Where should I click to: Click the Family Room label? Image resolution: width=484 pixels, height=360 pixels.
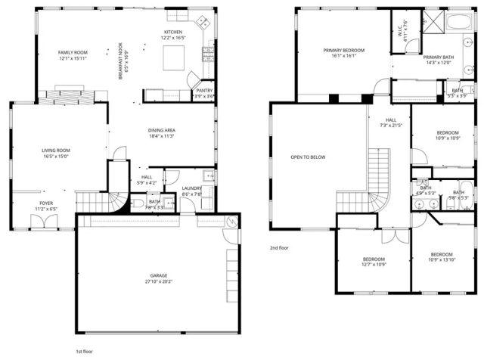tap(73, 52)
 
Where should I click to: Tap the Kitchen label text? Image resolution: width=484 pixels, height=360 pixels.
tap(172, 33)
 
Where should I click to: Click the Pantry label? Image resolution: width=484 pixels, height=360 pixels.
tap(204, 90)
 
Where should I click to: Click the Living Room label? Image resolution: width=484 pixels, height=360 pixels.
tap(55, 151)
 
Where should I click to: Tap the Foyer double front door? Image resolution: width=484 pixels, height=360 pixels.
tap(42, 222)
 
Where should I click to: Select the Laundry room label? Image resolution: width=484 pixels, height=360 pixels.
tap(192, 189)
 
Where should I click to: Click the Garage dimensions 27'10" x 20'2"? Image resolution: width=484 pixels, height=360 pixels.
tap(158, 281)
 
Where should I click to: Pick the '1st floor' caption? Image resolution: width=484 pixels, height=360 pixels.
tap(85, 352)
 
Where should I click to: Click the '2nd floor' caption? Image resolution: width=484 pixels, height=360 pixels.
tap(280, 247)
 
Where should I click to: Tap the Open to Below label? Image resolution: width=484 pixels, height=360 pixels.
tap(308, 157)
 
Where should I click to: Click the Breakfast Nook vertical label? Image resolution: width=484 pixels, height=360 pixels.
tap(119, 57)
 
